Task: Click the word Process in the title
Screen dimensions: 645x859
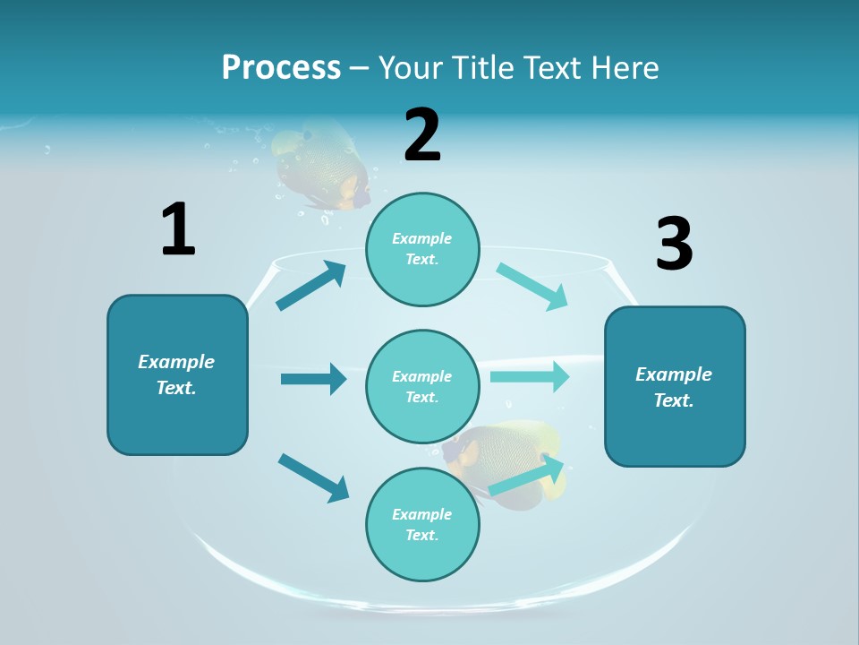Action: (281, 68)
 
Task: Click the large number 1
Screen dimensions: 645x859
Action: (178, 229)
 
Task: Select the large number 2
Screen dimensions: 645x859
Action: (422, 135)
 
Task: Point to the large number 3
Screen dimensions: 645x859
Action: (674, 244)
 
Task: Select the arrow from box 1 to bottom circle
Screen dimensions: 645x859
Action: (313, 477)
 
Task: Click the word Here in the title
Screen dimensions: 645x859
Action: (625, 68)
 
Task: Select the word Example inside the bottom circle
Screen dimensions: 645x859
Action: (422, 514)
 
